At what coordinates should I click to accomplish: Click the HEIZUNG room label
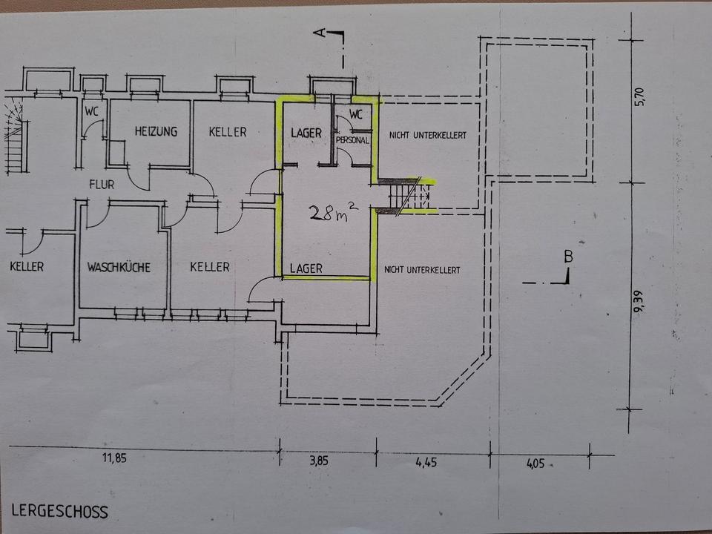(156, 132)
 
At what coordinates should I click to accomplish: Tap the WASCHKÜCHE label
(119, 267)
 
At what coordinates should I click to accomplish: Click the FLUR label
(101, 185)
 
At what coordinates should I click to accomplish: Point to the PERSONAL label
(352, 140)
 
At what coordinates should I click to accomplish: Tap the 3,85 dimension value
(318, 461)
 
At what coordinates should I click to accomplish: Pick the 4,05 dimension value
(534, 464)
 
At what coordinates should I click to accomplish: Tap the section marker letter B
(568, 257)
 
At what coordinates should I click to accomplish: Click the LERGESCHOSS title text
(59, 512)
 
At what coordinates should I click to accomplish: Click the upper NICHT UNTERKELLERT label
(427, 134)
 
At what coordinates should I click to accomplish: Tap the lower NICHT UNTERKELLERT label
(422, 270)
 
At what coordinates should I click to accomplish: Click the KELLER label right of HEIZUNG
(227, 132)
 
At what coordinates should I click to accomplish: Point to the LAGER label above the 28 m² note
(306, 133)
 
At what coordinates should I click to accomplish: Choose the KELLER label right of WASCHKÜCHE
(209, 267)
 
